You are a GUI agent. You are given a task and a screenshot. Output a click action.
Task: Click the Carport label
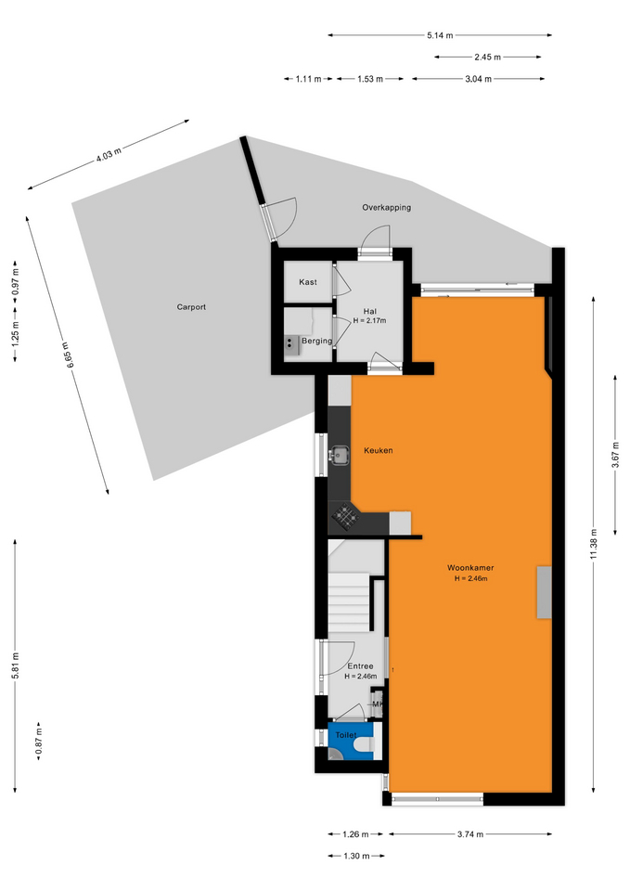(191, 307)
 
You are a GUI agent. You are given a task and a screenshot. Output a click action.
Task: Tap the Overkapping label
(386, 207)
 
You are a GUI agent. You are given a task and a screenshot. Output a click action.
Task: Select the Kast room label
(308, 282)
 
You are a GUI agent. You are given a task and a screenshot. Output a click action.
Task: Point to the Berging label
(316, 341)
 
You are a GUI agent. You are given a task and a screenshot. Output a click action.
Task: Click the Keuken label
(379, 451)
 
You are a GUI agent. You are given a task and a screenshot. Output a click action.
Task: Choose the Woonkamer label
(470, 568)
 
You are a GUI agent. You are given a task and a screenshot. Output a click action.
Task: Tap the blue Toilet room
(351, 741)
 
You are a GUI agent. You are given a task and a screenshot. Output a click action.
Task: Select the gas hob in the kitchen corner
(345, 516)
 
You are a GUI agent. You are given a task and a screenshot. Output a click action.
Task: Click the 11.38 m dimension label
(594, 545)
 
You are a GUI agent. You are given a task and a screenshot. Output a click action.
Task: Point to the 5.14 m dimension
(441, 35)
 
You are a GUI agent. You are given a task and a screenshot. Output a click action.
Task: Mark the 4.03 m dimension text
(108, 155)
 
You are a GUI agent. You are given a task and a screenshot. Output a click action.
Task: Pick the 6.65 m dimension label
(68, 355)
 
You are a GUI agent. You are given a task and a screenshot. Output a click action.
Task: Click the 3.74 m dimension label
(470, 834)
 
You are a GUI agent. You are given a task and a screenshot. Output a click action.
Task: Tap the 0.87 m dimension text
(39, 742)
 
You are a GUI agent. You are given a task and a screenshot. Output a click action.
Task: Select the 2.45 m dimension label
(487, 57)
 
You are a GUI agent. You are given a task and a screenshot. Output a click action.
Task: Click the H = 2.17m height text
(369, 321)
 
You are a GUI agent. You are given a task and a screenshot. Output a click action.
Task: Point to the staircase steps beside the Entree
(349, 601)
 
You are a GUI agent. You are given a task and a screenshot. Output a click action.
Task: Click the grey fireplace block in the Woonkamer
(545, 592)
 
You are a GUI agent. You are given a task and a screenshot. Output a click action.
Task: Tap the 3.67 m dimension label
(615, 455)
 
